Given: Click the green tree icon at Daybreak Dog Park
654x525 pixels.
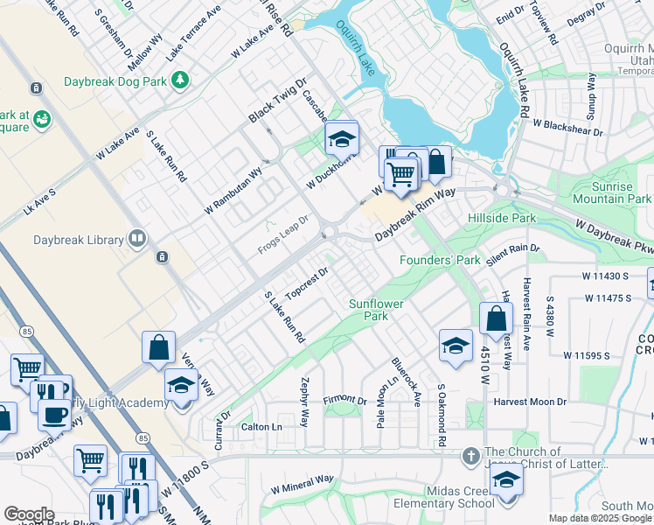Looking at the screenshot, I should (x=181, y=81).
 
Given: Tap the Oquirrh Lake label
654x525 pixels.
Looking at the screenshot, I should (x=358, y=48).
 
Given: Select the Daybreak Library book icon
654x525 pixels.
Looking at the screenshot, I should (x=136, y=238).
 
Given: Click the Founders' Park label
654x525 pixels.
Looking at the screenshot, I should (x=440, y=260).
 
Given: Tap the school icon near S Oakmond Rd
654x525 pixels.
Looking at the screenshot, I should (x=455, y=346).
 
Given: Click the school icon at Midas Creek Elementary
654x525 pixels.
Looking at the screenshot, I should (x=505, y=479).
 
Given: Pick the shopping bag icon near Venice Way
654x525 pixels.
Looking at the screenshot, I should (x=158, y=346).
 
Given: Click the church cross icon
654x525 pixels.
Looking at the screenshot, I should (x=470, y=456).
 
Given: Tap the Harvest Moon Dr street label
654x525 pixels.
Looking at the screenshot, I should (x=530, y=402).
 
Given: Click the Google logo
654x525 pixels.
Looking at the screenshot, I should (x=29, y=514).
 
